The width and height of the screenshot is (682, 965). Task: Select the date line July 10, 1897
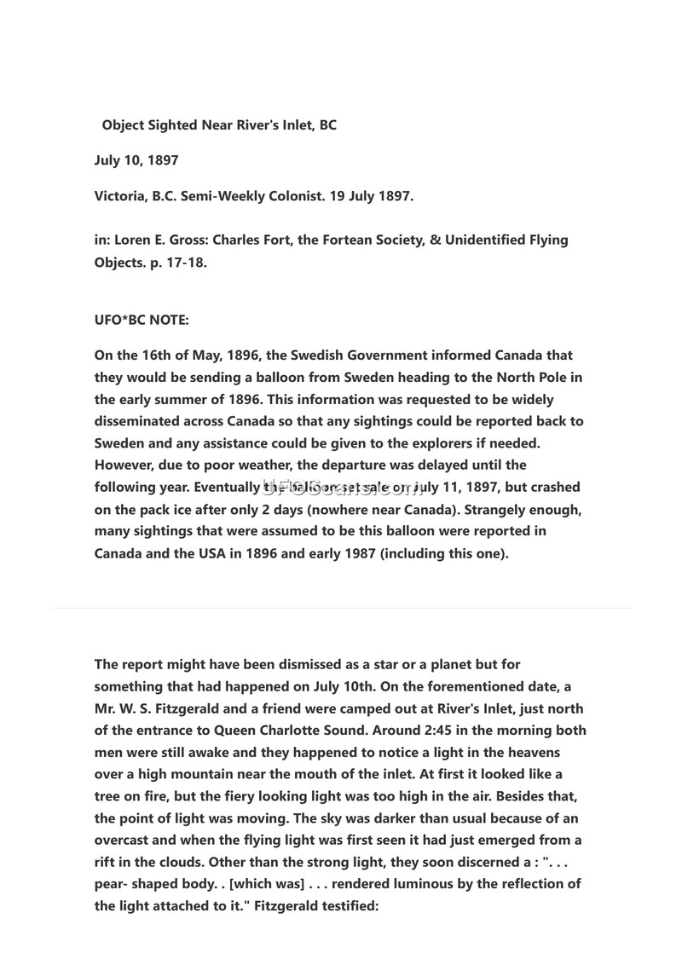pos(136,160)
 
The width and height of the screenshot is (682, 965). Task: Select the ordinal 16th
pos(153,355)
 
